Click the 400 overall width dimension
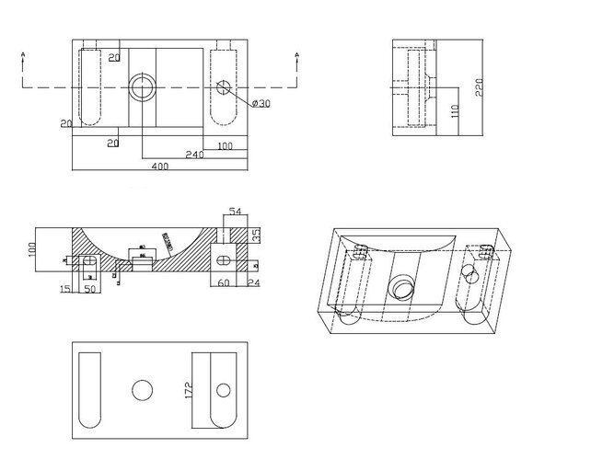coord(159,167)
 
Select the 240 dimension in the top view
coord(194,155)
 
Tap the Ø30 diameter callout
coord(261,104)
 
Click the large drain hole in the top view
coord(143,87)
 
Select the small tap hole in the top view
coord(224,89)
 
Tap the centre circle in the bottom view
coord(141,391)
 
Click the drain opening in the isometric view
coord(400,288)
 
